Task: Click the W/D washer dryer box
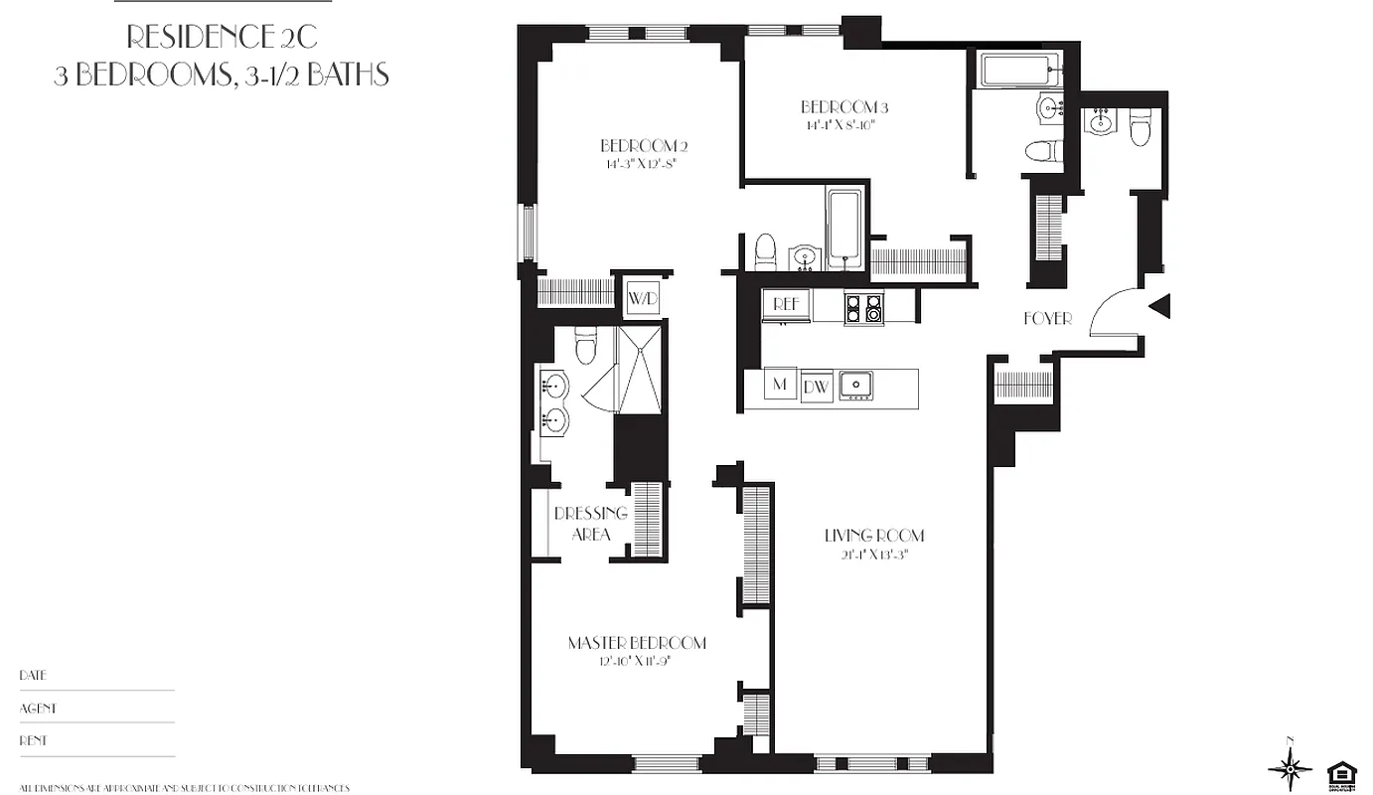640,296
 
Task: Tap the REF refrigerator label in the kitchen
786,305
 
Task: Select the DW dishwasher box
816,387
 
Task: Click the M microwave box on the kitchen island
780,385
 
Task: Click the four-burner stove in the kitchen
863,307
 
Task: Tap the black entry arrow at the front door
1159,306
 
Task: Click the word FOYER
1047,319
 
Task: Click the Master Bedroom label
637,643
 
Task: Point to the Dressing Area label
591,524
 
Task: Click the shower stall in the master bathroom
640,370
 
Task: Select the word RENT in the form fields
33,740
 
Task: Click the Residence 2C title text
222,39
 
